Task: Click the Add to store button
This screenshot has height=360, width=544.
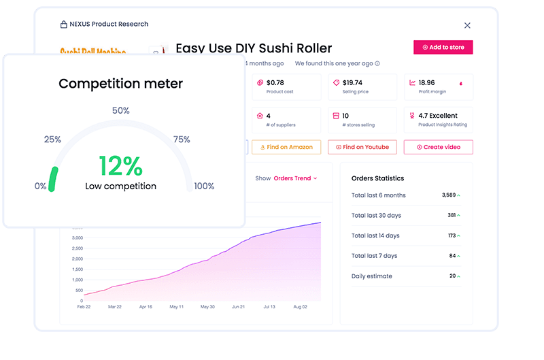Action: point(443,48)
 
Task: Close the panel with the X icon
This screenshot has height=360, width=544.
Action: point(467,25)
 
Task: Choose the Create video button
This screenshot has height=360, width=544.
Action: point(438,147)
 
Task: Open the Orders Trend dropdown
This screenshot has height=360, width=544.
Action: point(295,178)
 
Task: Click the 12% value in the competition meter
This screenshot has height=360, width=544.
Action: point(120,166)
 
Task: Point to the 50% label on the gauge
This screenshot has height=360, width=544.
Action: point(120,110)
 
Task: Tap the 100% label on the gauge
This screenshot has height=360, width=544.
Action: point(204,186)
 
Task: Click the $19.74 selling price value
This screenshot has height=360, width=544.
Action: point(352,82)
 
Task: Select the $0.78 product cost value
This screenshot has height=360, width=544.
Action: point(275,82)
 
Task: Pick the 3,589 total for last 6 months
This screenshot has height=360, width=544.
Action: point(448,195)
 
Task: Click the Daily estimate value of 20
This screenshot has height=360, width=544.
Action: point(452,276)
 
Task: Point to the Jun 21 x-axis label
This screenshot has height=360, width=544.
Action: point(239,307)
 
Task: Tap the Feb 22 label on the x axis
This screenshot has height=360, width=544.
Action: point(83,307)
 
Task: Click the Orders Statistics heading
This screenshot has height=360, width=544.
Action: point(377,178)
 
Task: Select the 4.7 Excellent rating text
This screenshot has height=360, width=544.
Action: point(438,116)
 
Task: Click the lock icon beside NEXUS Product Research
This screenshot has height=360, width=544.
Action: point(63,24)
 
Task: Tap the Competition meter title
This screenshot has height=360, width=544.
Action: point(120,84)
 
